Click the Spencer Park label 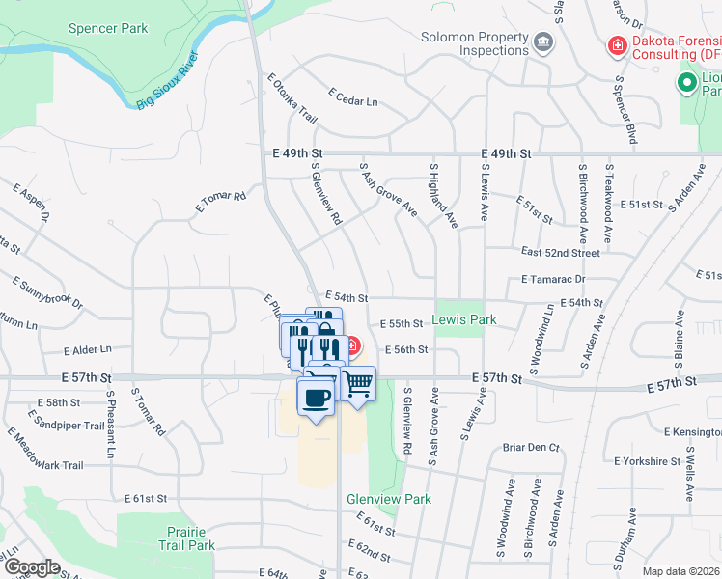pyautogui.click(x=108, y=29)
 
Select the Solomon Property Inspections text pyautogui.click(x=475, y=44)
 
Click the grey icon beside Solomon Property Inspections pyautogui.click(x=543, y=42)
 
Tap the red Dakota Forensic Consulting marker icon pyautogui.click(x=615, y=45)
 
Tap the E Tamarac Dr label pyautogui.click(x=553, y=279)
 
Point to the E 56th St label pyautogui.click(x=404, y=350)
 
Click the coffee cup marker pyautogui.click(x=316, y=398)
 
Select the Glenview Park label pyautogui.click(x=389, y=499)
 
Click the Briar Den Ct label pyautogui.click(x=531, y=448)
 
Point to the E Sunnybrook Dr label pyautogui.click(x=47, y=292)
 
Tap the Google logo pyautogui.click(x=33, y=567)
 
